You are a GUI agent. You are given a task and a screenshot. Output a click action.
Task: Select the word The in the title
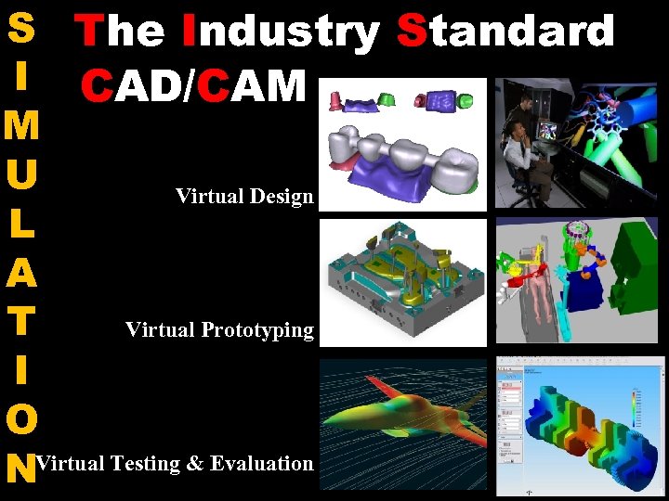tap(121, 31)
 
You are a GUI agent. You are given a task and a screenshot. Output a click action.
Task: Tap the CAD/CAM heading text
tap(192, 86)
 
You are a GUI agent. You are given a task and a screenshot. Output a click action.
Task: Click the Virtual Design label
tap(244, 196)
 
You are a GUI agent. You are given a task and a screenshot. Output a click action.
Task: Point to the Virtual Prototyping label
tap(219, 329)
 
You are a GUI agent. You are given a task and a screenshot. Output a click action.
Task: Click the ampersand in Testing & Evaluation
tap(195, 463)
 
